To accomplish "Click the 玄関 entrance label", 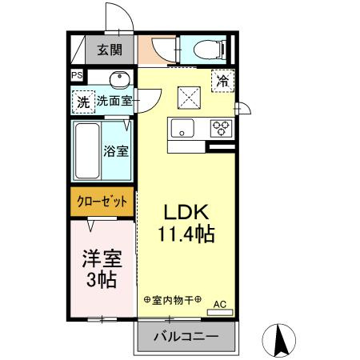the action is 110,50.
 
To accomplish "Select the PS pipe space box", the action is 77,75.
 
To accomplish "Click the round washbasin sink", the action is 120,79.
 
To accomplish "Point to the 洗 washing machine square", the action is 83,102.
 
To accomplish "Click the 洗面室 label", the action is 114,101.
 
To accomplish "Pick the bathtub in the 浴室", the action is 87,150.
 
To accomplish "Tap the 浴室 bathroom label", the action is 116,151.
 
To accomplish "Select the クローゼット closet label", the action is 102,202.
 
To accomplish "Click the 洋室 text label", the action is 102,258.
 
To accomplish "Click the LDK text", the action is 186,213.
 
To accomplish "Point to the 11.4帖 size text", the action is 186,234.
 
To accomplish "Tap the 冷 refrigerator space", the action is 222,81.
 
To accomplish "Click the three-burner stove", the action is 221,128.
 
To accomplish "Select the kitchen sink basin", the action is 182,128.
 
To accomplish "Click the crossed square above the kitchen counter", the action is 189,98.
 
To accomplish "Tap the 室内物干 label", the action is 172,300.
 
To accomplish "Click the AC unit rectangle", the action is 220,312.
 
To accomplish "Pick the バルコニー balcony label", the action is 186,337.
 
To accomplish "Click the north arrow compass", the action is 279,341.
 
